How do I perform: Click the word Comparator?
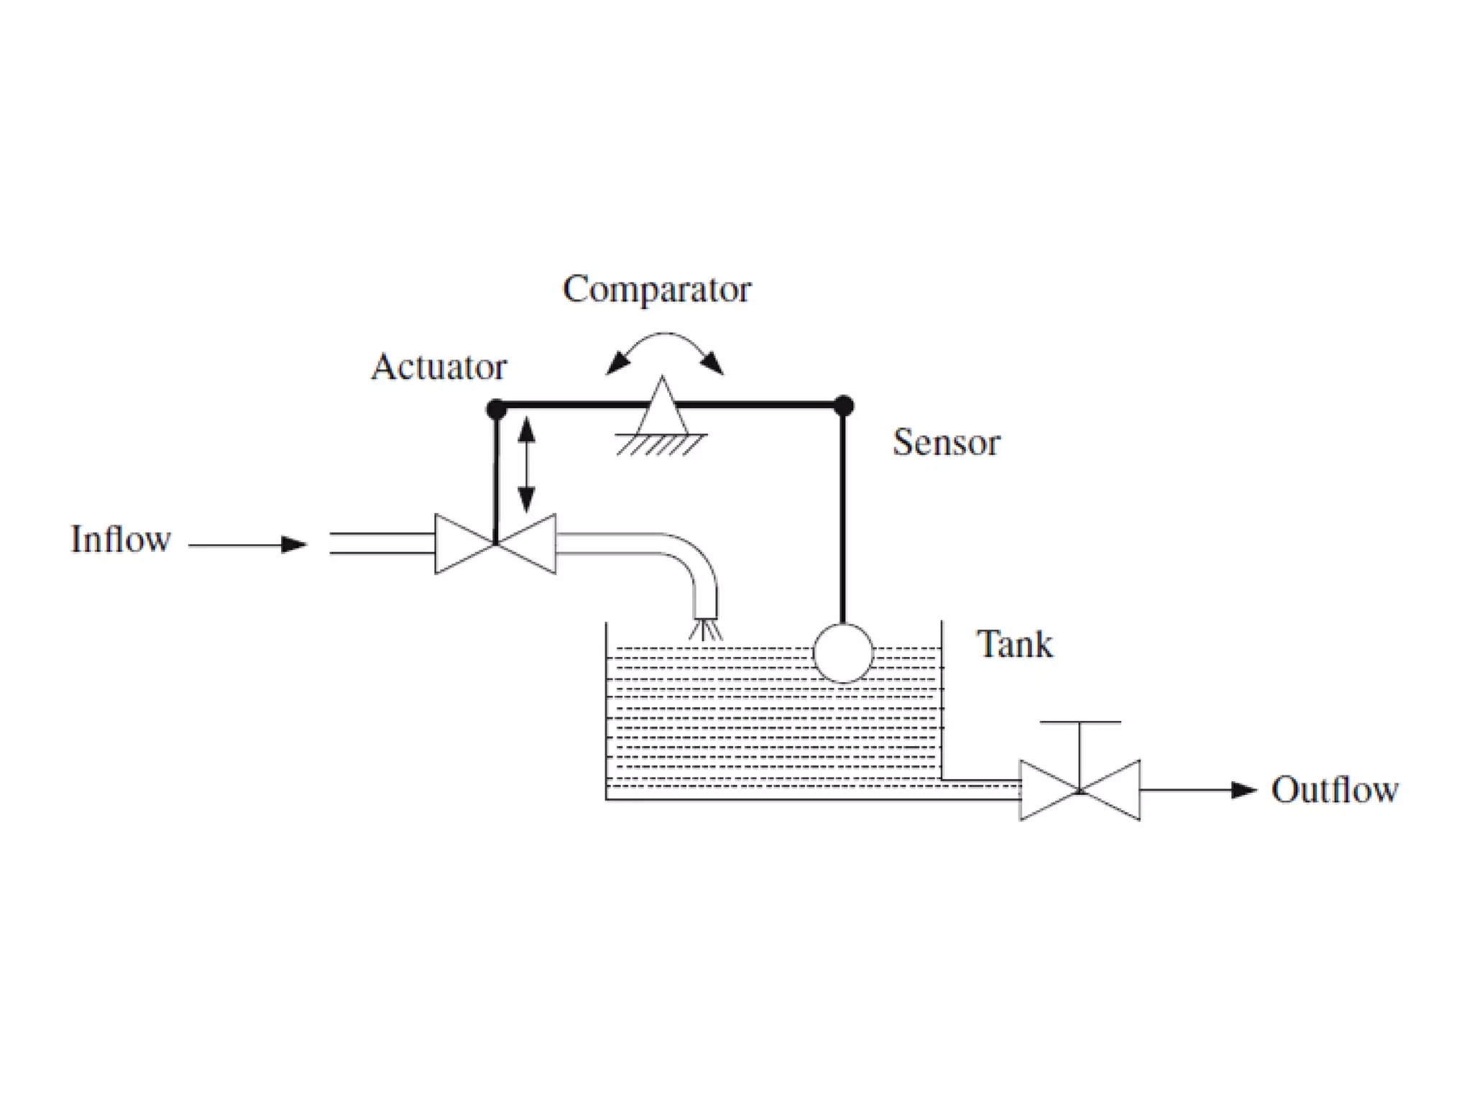[656, 290]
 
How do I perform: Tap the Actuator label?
[438, 367]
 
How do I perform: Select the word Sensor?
[946, 442]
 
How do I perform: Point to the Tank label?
[1014, 644]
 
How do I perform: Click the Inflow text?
[121, 539]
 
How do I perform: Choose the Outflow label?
[1335, 789]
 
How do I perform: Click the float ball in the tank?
[843, 653]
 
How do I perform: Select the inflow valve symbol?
[495, 544]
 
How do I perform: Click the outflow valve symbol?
[1080, 790]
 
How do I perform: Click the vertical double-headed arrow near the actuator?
[527, 464]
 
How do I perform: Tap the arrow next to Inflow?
[248, 545]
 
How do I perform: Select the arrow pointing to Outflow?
[1199, 790]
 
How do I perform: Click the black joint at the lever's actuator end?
[496, 410]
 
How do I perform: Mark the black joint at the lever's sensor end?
[844, 405]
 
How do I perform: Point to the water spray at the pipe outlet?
[706, 630]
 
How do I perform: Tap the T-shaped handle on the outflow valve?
[1080, 723]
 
